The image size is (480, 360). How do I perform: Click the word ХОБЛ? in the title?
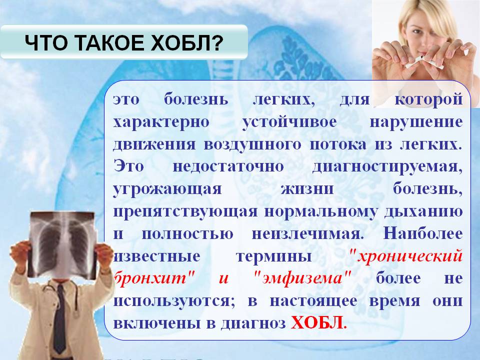(x=194, y=43)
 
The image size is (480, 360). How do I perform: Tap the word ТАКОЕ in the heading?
(x=116, y=43)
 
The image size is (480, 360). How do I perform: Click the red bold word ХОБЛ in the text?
(x=316, y=322)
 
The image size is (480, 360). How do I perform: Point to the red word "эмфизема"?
(x=302, y=278)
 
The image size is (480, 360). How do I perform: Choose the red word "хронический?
(x=406, y=256)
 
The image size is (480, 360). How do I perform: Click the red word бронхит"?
(x=154, y=278)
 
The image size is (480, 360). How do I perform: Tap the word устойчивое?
(x=289, y=122)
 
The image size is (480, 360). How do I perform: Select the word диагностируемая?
(x=387, y=167)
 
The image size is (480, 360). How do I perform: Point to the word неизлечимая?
(x=307, y=234)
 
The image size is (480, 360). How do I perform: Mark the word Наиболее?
(x=423, y=233)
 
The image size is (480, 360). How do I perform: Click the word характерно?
(x=161, y=122)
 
